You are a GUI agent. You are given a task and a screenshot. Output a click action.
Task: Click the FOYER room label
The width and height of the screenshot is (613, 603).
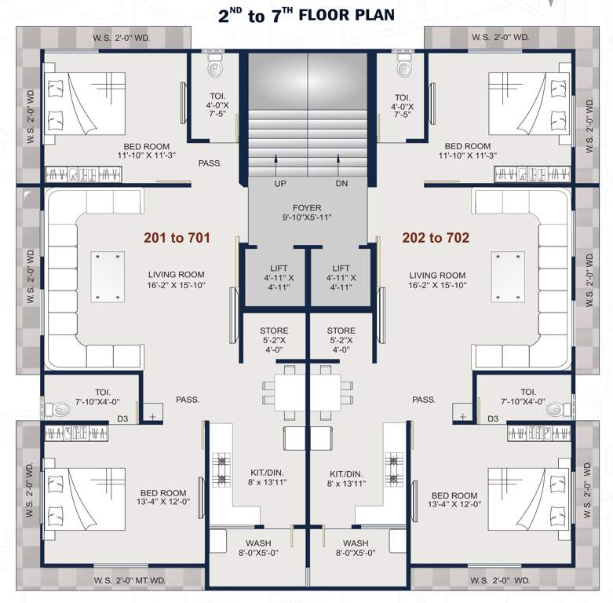[x=307, y=207]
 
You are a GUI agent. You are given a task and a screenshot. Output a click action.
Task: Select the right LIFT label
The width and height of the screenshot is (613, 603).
[x=341, y=269]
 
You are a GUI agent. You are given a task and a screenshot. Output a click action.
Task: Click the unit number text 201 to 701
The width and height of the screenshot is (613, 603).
[x=177, y=237]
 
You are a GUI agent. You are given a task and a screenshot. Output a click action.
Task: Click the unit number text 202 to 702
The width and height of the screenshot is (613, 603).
[x=436, y=237]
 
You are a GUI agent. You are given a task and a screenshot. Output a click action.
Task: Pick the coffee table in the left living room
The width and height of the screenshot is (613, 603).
[x=108, y=276]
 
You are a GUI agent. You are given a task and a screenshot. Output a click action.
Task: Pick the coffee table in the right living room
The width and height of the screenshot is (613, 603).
[x=506, y=276]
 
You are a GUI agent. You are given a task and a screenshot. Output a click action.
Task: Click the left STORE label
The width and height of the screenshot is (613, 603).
[x=274, y=331]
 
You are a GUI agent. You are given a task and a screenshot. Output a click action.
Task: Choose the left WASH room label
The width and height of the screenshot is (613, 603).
[x=258, y=543]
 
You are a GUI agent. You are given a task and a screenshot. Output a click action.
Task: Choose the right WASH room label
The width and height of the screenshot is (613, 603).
[x=356, y=543]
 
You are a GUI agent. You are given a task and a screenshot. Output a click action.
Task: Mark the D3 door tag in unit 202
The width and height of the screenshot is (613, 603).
[x=493, y=418]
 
